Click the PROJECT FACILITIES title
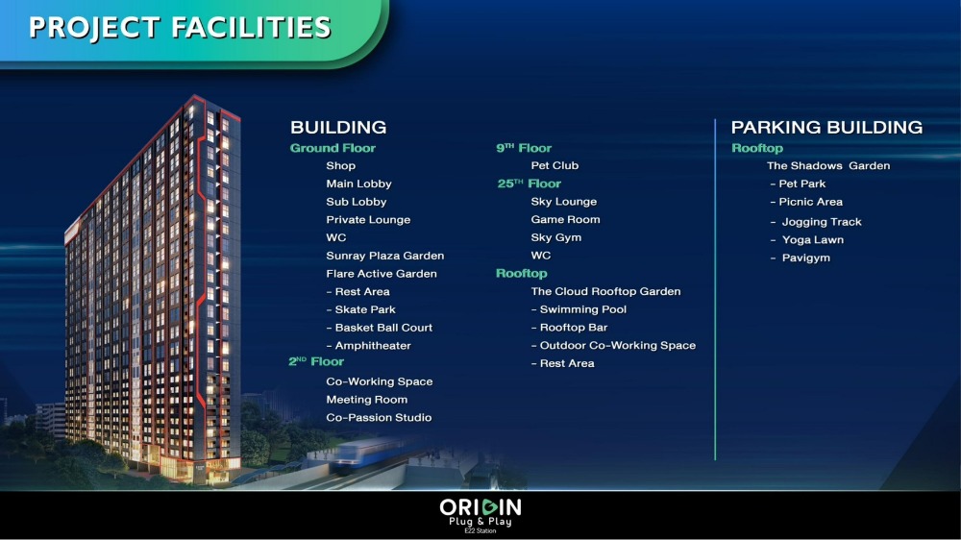tap(180, 28)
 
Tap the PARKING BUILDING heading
tap(826, 127)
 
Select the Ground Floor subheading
tap(333, 148)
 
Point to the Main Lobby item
tap(358, 184)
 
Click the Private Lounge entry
tap(368, 219)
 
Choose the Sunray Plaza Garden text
tap(385, 256)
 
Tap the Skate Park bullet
tap(361, 309)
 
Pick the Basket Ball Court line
tap(380, 328)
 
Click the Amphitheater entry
tap(368, 346)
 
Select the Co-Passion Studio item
tap(379, 417)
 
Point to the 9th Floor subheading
tap(524, 148)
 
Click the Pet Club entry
tap(554, 165)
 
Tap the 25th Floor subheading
tap(529, 184)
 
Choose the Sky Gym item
tap(555, 237)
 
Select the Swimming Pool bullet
tap(579, 309)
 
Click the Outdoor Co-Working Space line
tap(613, 345)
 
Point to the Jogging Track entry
tap(816, 222)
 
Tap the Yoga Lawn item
tap(807, 239)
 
